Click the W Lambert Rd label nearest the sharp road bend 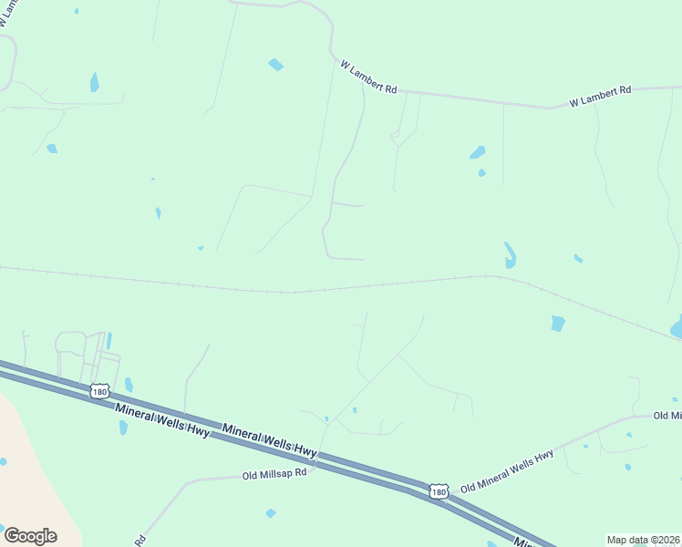368,77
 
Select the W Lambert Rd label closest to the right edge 601,96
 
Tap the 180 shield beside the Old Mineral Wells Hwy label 439,491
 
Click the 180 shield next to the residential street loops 99,392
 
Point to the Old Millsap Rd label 274,473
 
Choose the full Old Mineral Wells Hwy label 507,470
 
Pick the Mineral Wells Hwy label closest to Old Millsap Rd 269,437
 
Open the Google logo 30,535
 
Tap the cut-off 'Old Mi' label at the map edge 667,416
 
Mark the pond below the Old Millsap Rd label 271,513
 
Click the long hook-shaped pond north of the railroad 510,254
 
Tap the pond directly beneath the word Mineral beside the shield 124,427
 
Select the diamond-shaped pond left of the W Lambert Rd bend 275,65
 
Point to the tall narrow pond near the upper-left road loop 94,82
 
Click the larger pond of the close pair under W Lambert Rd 477,152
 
